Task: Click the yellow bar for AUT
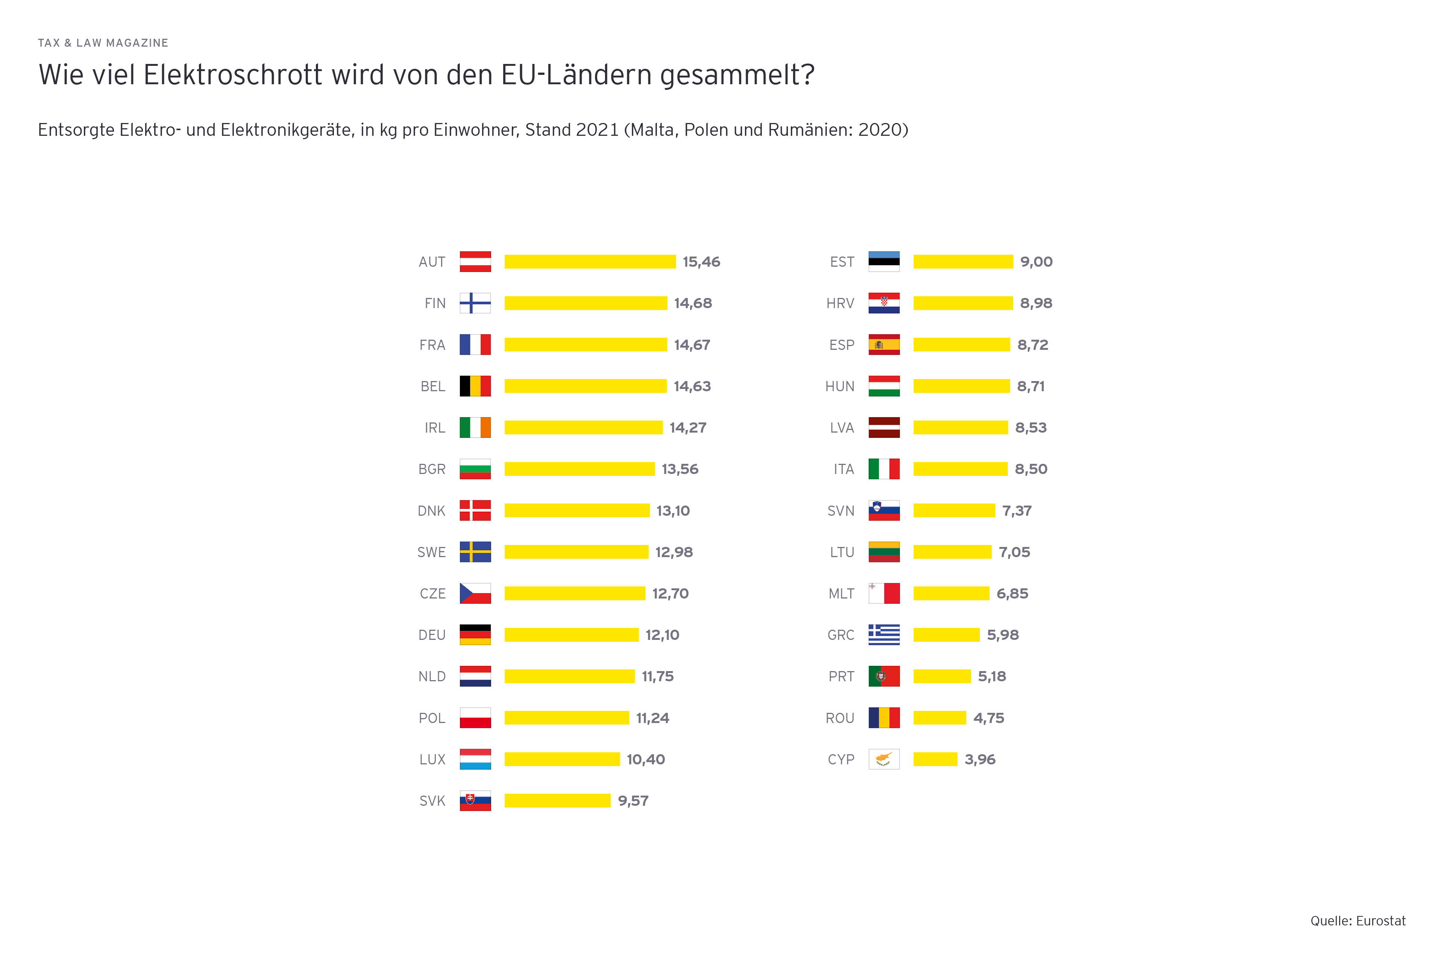pos(589,262)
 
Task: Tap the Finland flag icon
pos(475,304)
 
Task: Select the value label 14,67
pos(692,345)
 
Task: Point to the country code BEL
pos(433,386)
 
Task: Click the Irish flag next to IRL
pos(475,427)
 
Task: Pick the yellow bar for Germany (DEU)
pos(571,635)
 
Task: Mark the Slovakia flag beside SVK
pos(475,801)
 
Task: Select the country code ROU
pos(840,718)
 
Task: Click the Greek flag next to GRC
pos(884,635)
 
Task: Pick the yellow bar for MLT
pos(951,593)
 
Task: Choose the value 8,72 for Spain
pos(1033,345)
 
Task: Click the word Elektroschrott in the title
pos(233,75)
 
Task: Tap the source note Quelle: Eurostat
pos(1358,920)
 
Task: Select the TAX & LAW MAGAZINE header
pos(103,43)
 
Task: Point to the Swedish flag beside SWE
pos(475,552)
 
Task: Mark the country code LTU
pos(842,552)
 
